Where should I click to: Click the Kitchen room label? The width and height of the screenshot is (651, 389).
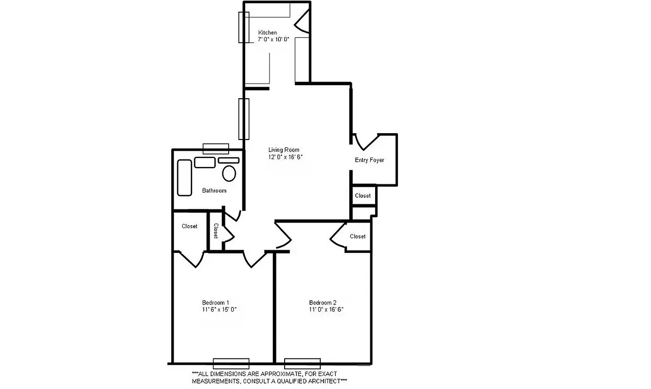(x=268, y=33)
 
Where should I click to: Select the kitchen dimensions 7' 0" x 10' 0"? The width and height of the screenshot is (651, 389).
(x=274, y=39)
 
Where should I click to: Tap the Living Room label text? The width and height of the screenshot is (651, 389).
(x=284, y=150)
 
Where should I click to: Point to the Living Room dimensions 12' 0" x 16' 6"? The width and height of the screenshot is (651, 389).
(x=289, y=157)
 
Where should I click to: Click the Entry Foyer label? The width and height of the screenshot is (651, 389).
(x=369, y=160)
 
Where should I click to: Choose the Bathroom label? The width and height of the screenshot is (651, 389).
(x=214, y=191)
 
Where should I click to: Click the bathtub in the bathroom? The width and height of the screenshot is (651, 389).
(x=184, y=177)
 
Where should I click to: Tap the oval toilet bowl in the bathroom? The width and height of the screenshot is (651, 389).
(x=229, y=173)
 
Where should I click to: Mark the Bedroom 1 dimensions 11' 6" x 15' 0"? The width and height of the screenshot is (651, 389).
(x=219, y=309)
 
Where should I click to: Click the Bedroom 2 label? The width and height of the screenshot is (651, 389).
(x=323, y=302)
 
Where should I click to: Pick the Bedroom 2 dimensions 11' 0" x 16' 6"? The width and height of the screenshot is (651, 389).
(x=326, y=309)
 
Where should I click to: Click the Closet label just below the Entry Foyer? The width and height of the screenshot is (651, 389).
(x=363, y=195)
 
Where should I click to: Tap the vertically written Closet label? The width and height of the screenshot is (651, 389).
(x=216, y=230)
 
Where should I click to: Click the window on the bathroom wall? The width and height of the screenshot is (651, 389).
(x=216, y=148)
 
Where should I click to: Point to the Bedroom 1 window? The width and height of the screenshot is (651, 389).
(x=231, y=363)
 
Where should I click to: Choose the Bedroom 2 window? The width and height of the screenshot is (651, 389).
(x=302, y=363)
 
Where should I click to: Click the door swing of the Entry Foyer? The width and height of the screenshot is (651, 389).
(x=364, y=141)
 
